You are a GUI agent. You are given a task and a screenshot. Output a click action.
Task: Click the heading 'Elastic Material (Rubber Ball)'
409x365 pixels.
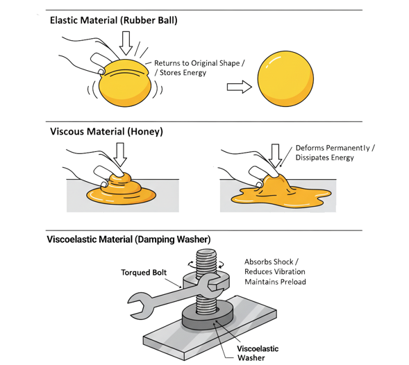coord(113,20)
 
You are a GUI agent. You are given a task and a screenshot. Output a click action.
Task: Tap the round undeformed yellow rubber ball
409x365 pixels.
coord(285,78)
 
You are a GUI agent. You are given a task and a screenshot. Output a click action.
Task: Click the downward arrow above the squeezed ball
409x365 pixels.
coord(126,43)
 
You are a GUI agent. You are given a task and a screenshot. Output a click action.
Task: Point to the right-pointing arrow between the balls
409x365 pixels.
coord(240,87)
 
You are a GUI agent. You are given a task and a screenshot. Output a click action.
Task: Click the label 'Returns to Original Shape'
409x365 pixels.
coord(197,63)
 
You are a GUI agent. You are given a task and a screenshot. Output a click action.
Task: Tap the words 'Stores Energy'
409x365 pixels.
coord(183,72)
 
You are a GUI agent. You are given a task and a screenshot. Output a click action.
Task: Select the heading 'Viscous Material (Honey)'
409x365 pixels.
coord(106,131)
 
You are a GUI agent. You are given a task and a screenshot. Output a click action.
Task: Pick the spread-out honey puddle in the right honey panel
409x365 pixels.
coord(281,193)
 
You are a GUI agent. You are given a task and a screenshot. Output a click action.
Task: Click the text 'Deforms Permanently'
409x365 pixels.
coord(333,148)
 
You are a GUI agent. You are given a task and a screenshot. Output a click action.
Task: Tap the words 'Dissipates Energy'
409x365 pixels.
coord(325,158)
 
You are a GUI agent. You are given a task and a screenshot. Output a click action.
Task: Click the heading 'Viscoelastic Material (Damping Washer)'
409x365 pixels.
coord(128,239)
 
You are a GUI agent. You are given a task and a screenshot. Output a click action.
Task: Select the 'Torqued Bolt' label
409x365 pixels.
coord(144,273)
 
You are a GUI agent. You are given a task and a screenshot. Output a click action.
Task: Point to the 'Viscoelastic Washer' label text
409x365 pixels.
coord(258,353)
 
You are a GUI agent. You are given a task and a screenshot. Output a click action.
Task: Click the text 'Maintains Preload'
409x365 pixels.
coord(275,282)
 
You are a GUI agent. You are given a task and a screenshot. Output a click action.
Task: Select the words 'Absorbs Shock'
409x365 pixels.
coord(269,262)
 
